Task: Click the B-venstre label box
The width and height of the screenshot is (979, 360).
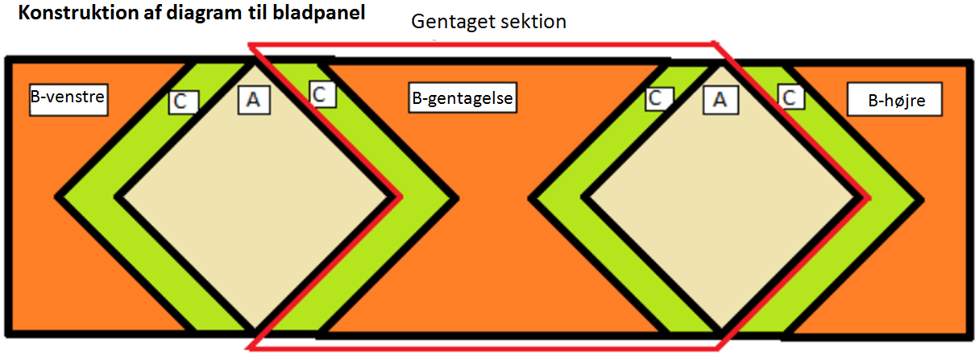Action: point(68,100)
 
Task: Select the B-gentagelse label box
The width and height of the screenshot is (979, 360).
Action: point(463,98)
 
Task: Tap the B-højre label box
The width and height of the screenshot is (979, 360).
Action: point(894,100)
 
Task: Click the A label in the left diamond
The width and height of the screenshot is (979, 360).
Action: point(254,100)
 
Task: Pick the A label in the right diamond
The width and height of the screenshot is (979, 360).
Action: point(720,100)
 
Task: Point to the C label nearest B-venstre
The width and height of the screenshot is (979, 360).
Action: point(184,101)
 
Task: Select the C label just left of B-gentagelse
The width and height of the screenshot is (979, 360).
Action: point(322,94)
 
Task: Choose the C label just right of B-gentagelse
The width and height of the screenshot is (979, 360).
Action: point(659,99)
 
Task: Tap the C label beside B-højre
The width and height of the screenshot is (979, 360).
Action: point(791,97)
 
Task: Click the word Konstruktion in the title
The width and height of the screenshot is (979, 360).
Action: point(78,13)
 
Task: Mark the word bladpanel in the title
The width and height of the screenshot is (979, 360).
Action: point(318,14)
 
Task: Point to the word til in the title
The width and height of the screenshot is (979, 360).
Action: point(257,13)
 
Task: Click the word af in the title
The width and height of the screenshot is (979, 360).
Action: point(152,13)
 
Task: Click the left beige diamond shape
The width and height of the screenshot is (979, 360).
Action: point(254,197)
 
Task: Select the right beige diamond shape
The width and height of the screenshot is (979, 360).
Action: point(721,199)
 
